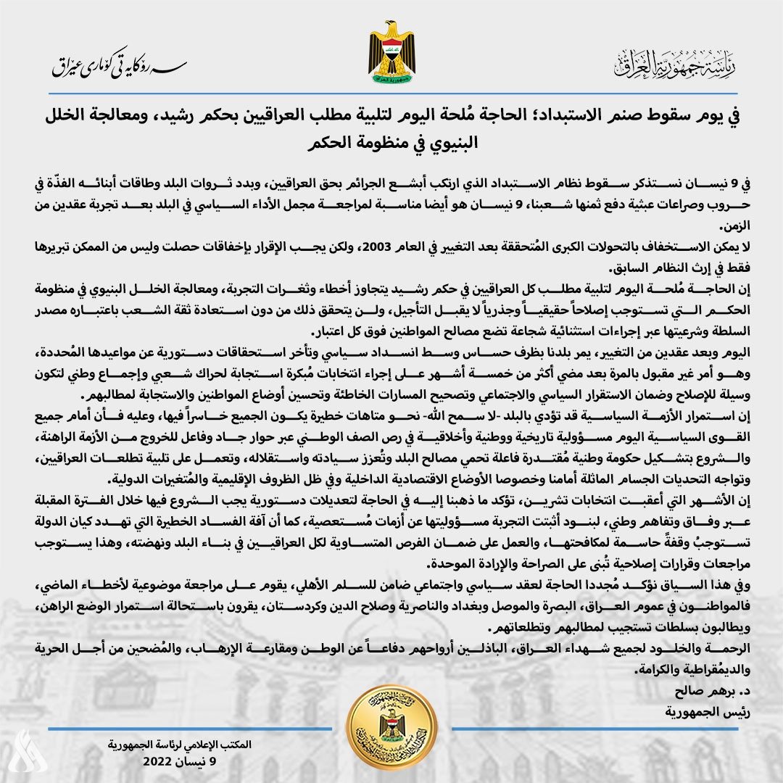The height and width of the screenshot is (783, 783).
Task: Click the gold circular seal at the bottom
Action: point(391,728)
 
